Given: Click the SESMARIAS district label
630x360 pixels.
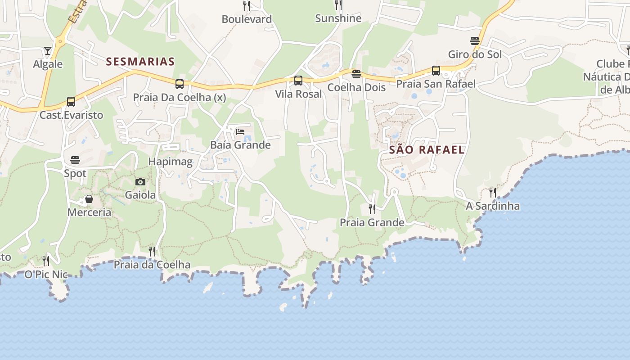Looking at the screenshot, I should click(140, 62).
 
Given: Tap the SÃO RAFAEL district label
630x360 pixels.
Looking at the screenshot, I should click(427, 150).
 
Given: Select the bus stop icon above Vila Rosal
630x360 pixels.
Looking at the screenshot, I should click(298, 81).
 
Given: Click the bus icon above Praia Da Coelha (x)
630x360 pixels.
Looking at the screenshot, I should click(180, 84).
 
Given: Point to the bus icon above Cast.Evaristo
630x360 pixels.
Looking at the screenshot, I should click(71, 102).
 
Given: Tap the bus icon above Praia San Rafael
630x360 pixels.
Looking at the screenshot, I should click(436, 71).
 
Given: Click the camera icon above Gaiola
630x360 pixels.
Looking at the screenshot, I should click(140, 182).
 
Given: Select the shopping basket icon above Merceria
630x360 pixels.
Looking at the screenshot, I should click(89, 199).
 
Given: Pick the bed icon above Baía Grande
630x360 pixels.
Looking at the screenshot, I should click(240, 132).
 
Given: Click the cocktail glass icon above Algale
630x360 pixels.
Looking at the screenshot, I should click(48, 50).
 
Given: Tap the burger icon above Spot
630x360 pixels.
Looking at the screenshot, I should click(75, 160).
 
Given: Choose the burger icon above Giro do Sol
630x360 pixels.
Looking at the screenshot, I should click(474, 41).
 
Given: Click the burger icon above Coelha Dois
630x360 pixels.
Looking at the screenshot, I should click(356, 74).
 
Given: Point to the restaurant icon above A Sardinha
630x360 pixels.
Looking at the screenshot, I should click(493, 193).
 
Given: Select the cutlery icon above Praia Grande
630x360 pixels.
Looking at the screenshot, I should click(372, 209).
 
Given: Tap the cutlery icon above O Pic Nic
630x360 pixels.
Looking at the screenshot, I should click(46, 261).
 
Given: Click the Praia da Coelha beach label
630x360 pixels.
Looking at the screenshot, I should click(152, 265).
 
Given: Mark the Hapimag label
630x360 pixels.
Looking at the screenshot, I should click(170, 162).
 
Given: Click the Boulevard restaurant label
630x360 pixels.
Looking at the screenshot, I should click(247, 19).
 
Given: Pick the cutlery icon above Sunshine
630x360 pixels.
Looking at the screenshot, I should click(338, 5).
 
